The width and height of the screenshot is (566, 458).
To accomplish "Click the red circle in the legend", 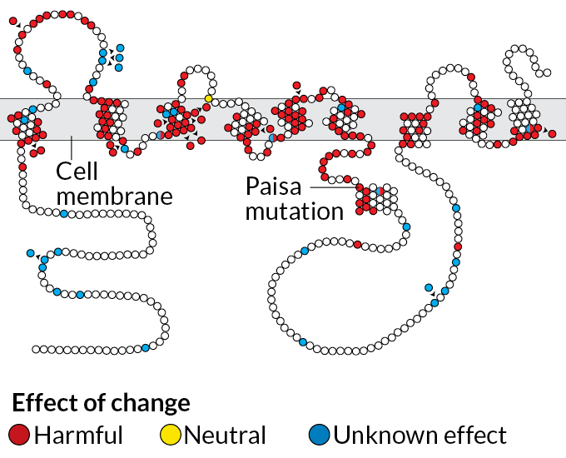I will point(20,434).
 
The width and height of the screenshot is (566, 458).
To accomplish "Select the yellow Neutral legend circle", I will point(170,434).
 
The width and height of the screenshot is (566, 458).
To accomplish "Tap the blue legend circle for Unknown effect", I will point(319,434).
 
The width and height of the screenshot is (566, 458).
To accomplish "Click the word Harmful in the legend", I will point(79,435).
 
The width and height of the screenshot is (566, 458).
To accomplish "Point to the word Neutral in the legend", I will point(225,435).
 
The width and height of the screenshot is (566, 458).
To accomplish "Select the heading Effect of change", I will point(101,403).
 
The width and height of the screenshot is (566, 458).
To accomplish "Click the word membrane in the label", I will point(114,197).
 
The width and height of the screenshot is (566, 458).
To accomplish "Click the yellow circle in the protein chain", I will point(208,98).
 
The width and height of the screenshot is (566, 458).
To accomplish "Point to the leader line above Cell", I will point(72,148).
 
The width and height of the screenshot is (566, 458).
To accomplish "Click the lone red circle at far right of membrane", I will point(551,133).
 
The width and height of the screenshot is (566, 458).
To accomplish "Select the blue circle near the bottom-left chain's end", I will point(145,347).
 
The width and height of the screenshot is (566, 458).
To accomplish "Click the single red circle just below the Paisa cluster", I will point(357,245).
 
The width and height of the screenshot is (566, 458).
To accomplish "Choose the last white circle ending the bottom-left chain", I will point(36,348).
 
